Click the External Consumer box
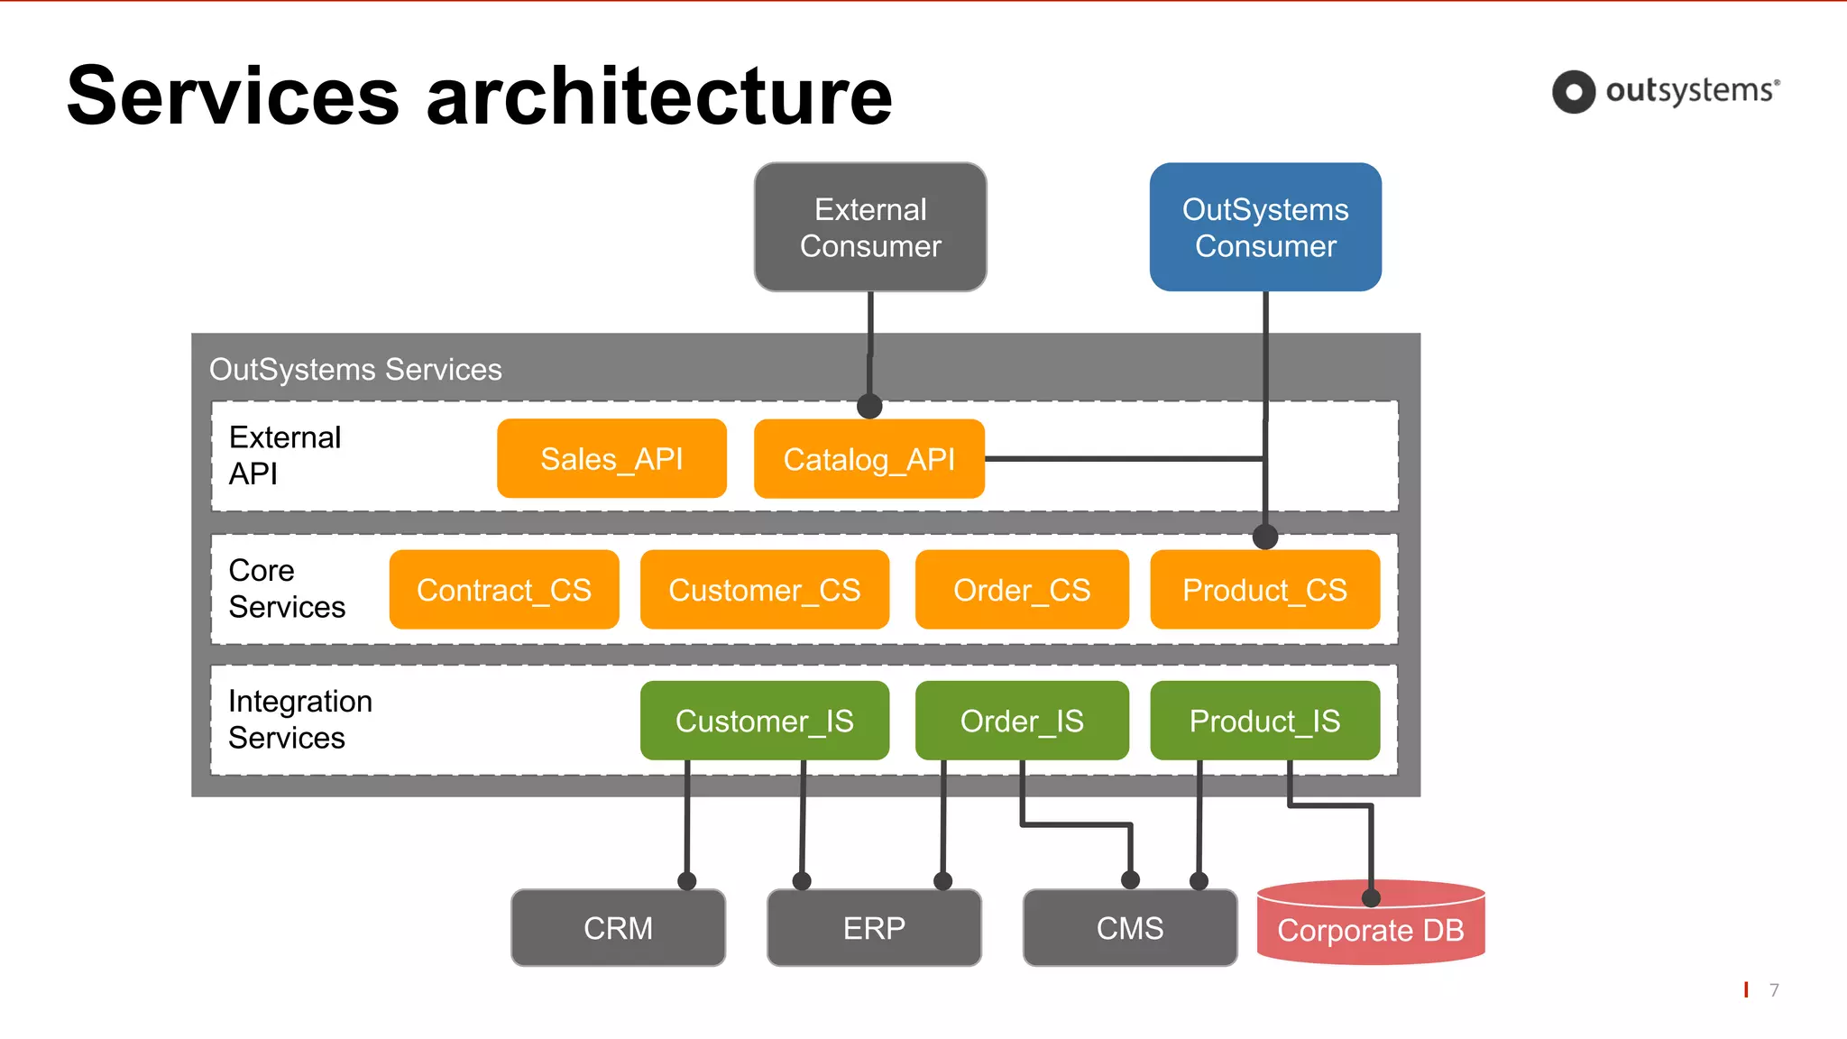870,227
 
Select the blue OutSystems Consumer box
1265,227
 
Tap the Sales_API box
611,458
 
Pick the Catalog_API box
868,459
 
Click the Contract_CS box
504,590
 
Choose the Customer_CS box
764,590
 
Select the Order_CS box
1022,590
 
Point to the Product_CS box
1264,590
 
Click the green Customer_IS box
764,721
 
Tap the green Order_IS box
1022,721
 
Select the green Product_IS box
1264,721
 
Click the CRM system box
618,928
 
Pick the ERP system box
874,928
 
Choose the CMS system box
1130,928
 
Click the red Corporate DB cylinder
1370,930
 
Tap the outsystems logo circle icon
1574,92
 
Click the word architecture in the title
659,97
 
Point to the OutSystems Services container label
355,369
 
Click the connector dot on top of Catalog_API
869,406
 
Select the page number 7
1774,990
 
